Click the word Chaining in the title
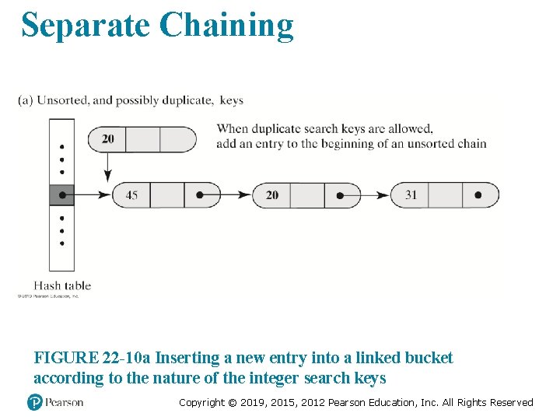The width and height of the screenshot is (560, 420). (226, 25)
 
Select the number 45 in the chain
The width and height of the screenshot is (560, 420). (131, 194)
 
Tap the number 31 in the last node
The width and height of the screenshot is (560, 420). (411, 194)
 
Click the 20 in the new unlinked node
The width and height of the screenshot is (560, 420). (107, 138)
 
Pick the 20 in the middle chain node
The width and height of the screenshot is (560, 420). (271, 194)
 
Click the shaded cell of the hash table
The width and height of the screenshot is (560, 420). (61, 194)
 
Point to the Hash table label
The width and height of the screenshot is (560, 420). (62, 285)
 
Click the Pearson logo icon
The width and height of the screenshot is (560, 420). (34, 402)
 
